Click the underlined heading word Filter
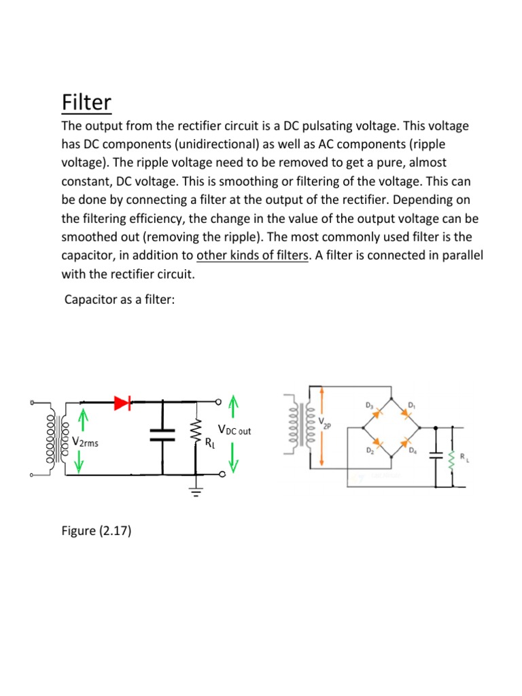86,103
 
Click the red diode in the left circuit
122,403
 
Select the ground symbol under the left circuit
196,492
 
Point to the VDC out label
234,430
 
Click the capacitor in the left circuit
162,435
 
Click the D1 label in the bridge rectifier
411,406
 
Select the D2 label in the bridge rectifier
370,451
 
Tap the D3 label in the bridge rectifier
369,406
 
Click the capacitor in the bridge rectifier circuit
435,457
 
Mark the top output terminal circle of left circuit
219,402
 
